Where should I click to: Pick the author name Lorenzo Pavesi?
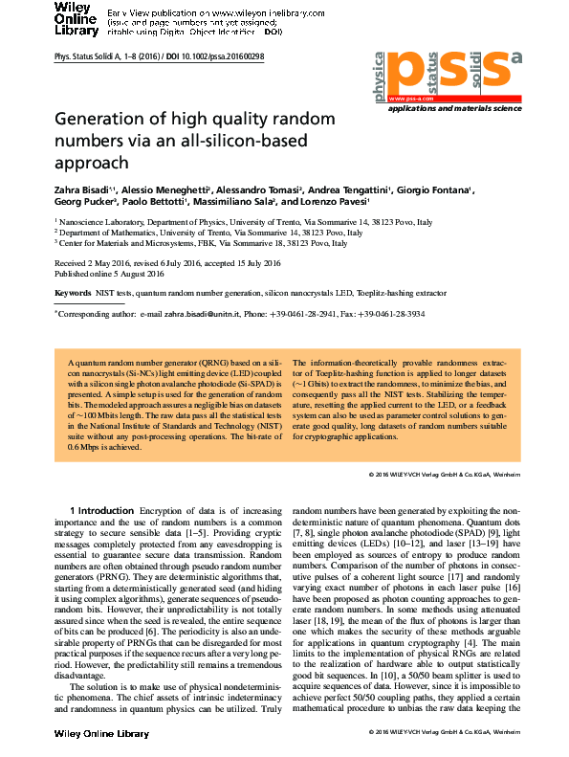(x=339, y=203)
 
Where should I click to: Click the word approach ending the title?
(x=91, y=163)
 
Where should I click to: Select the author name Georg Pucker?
(x=85, y=203)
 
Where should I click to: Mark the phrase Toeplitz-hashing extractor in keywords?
(x=403, y=291)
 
